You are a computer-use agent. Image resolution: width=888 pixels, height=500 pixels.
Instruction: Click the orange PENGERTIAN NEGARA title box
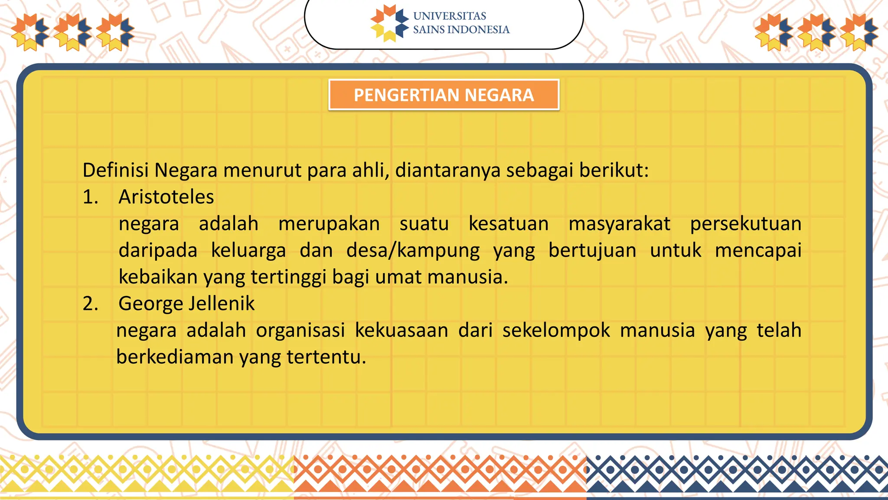pyautogui.click(x=444, y=95)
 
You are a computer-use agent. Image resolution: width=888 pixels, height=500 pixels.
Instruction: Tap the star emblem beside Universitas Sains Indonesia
pyautogui.click(x=389, y=23)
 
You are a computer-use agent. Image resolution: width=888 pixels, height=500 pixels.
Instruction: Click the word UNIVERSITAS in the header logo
pyautogui.click(x=449, y=16)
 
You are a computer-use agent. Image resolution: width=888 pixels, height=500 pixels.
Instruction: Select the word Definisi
pyautogui.click(x=116, y=170)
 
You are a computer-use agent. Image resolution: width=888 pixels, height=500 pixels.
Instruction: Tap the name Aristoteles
pyautogui.click(x=166, y=197)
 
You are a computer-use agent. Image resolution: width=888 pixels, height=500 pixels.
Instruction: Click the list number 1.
pyautogui.click(x=90, y=197)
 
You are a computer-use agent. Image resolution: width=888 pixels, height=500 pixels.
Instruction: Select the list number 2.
pyautogui.click(x=90, y=303)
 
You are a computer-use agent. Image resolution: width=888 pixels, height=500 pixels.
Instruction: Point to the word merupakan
pyautogui.click(x=329, y=224)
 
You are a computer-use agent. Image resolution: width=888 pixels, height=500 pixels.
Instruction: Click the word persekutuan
pyautogui.click(x=745, y=224)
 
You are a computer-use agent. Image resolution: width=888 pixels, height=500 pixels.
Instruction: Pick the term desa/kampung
pyautogui.click(x=413, y=251)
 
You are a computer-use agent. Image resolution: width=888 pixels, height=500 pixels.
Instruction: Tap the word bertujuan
pyautogui.click(x=592, y=251)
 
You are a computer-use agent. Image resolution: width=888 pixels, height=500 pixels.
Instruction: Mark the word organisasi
pyautogui.click(x=300, y=331)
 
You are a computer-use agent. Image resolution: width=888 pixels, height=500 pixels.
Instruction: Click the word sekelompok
pyautogui.click(x=556, y=331)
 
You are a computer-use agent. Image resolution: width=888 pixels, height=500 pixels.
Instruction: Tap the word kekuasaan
pyautogui.click(x=402, y=331)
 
